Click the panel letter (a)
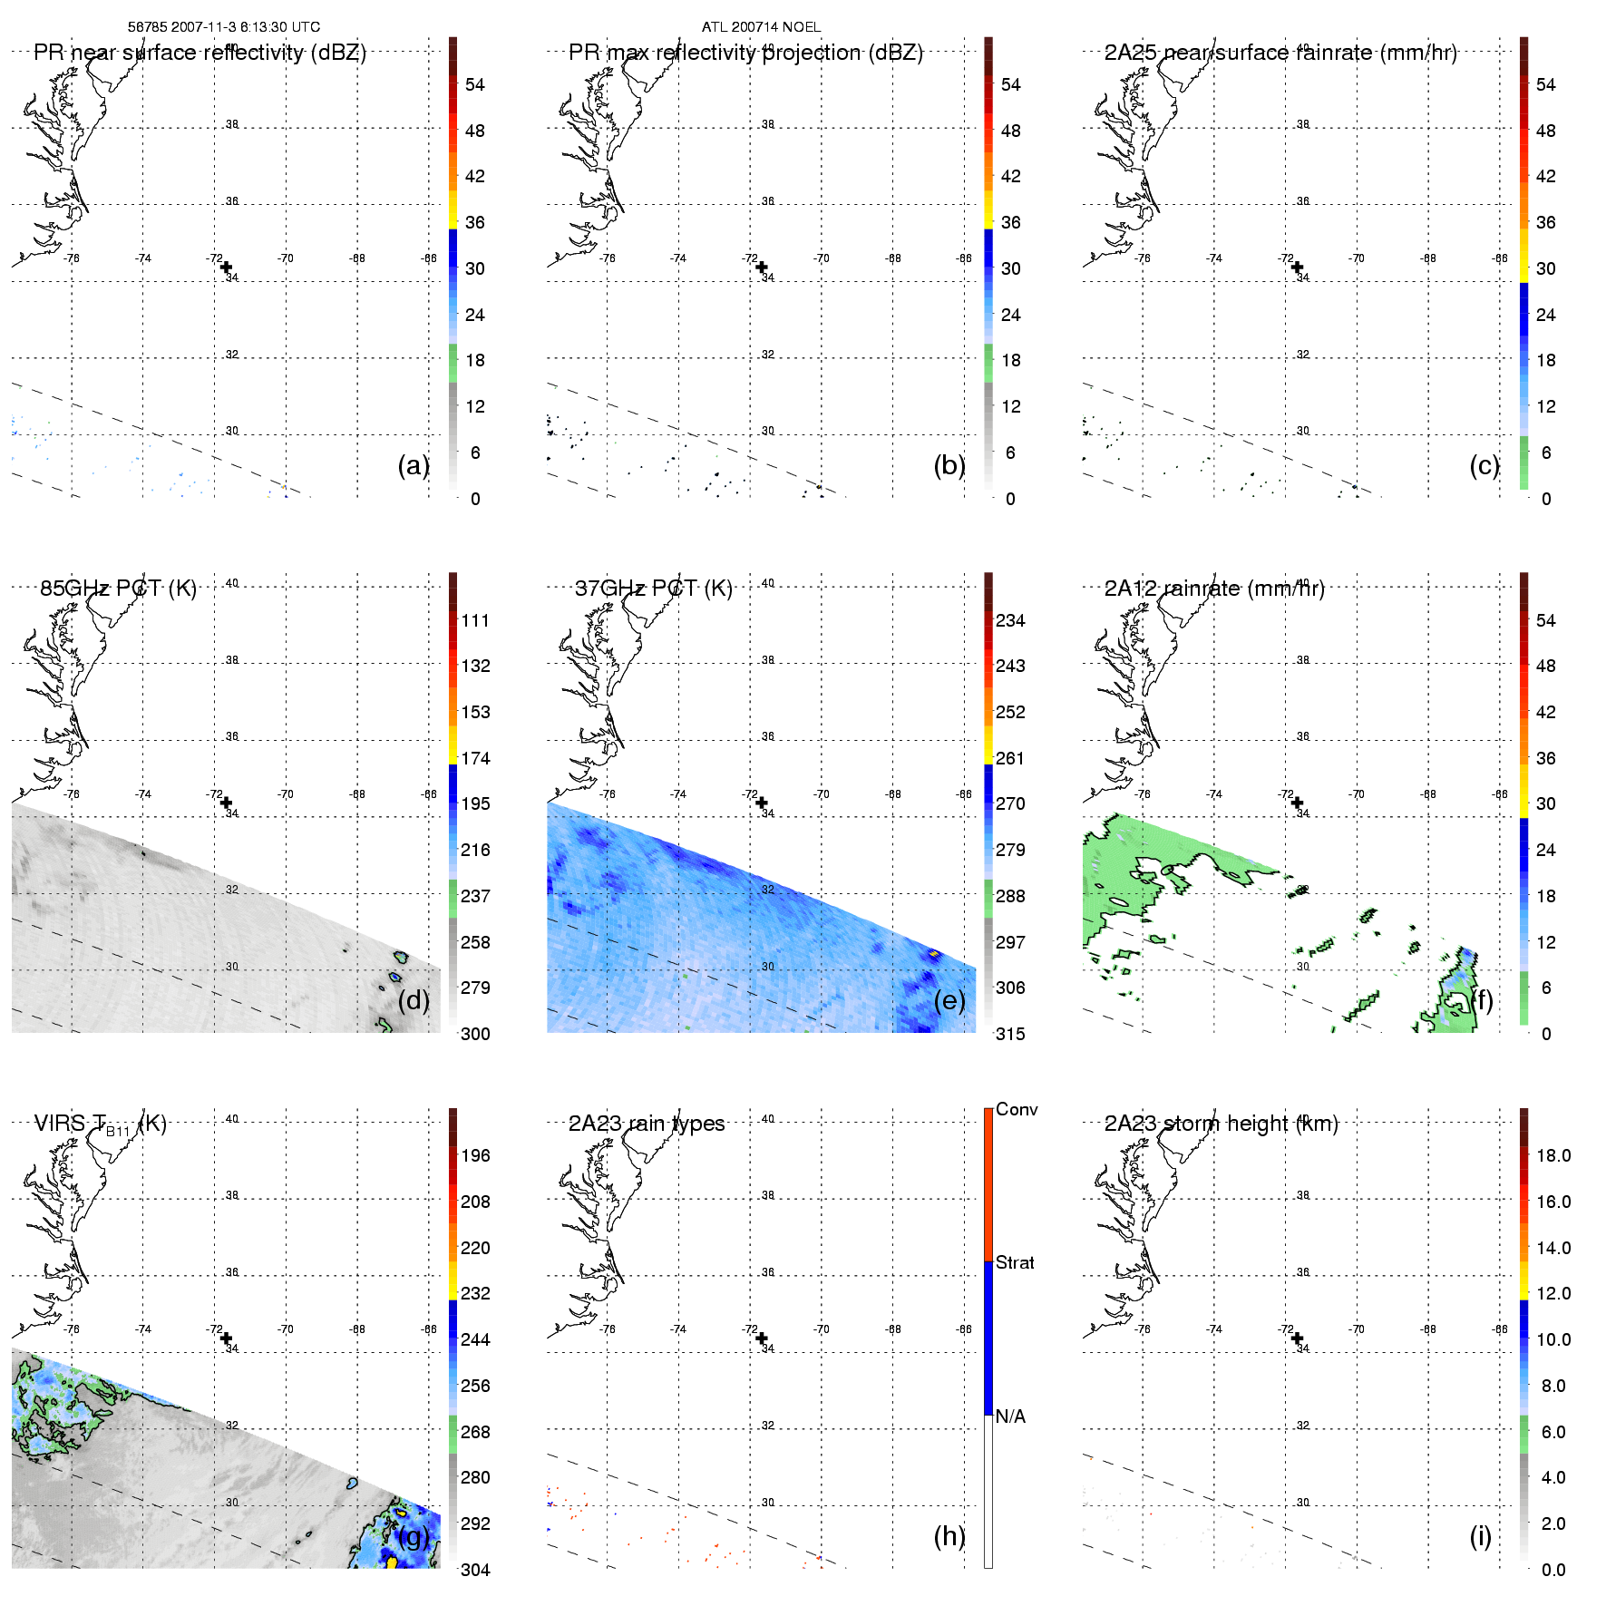point(413,465)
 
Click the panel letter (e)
point(949,1000)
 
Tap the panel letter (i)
point(1480,1536)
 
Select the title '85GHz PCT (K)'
point(118,588)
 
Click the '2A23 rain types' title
point(647,1124)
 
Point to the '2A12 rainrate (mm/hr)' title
point(1214,588)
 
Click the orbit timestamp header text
point(224,27)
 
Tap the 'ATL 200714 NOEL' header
point(761,27)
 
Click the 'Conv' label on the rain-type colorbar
point(1016,1109)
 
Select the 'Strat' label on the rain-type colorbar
point(1015,1262)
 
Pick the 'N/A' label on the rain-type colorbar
point(1010,1416)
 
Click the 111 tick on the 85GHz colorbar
point(475,620)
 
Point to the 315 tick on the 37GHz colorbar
point(1010,1034)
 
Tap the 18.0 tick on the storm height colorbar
point(1552,1155)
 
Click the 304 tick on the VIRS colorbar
point(475,1570)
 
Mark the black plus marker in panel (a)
point(227,267)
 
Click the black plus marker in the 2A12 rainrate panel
point(1298,803)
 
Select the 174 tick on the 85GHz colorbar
point(475,758)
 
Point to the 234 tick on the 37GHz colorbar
point(1010,620)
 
